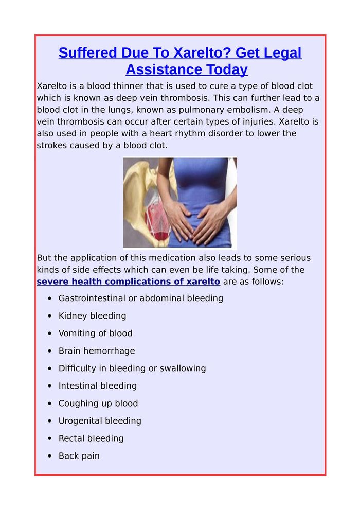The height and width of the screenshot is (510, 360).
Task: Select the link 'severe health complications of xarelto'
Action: coord(129,282)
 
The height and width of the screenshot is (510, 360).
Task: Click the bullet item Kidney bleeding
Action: coord(92,315)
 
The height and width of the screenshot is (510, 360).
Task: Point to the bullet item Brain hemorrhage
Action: coord(97,350)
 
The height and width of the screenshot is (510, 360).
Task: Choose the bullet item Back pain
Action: coord(79,455)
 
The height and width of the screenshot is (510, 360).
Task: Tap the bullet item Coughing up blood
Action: coord(98,403)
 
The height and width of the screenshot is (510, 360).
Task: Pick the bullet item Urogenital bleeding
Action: coord(100,420)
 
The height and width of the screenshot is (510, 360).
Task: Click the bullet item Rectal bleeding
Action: coord(91,438)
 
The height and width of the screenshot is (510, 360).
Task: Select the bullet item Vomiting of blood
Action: coord(95,333)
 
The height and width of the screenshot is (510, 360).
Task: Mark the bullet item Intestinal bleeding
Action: coord(98,385)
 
